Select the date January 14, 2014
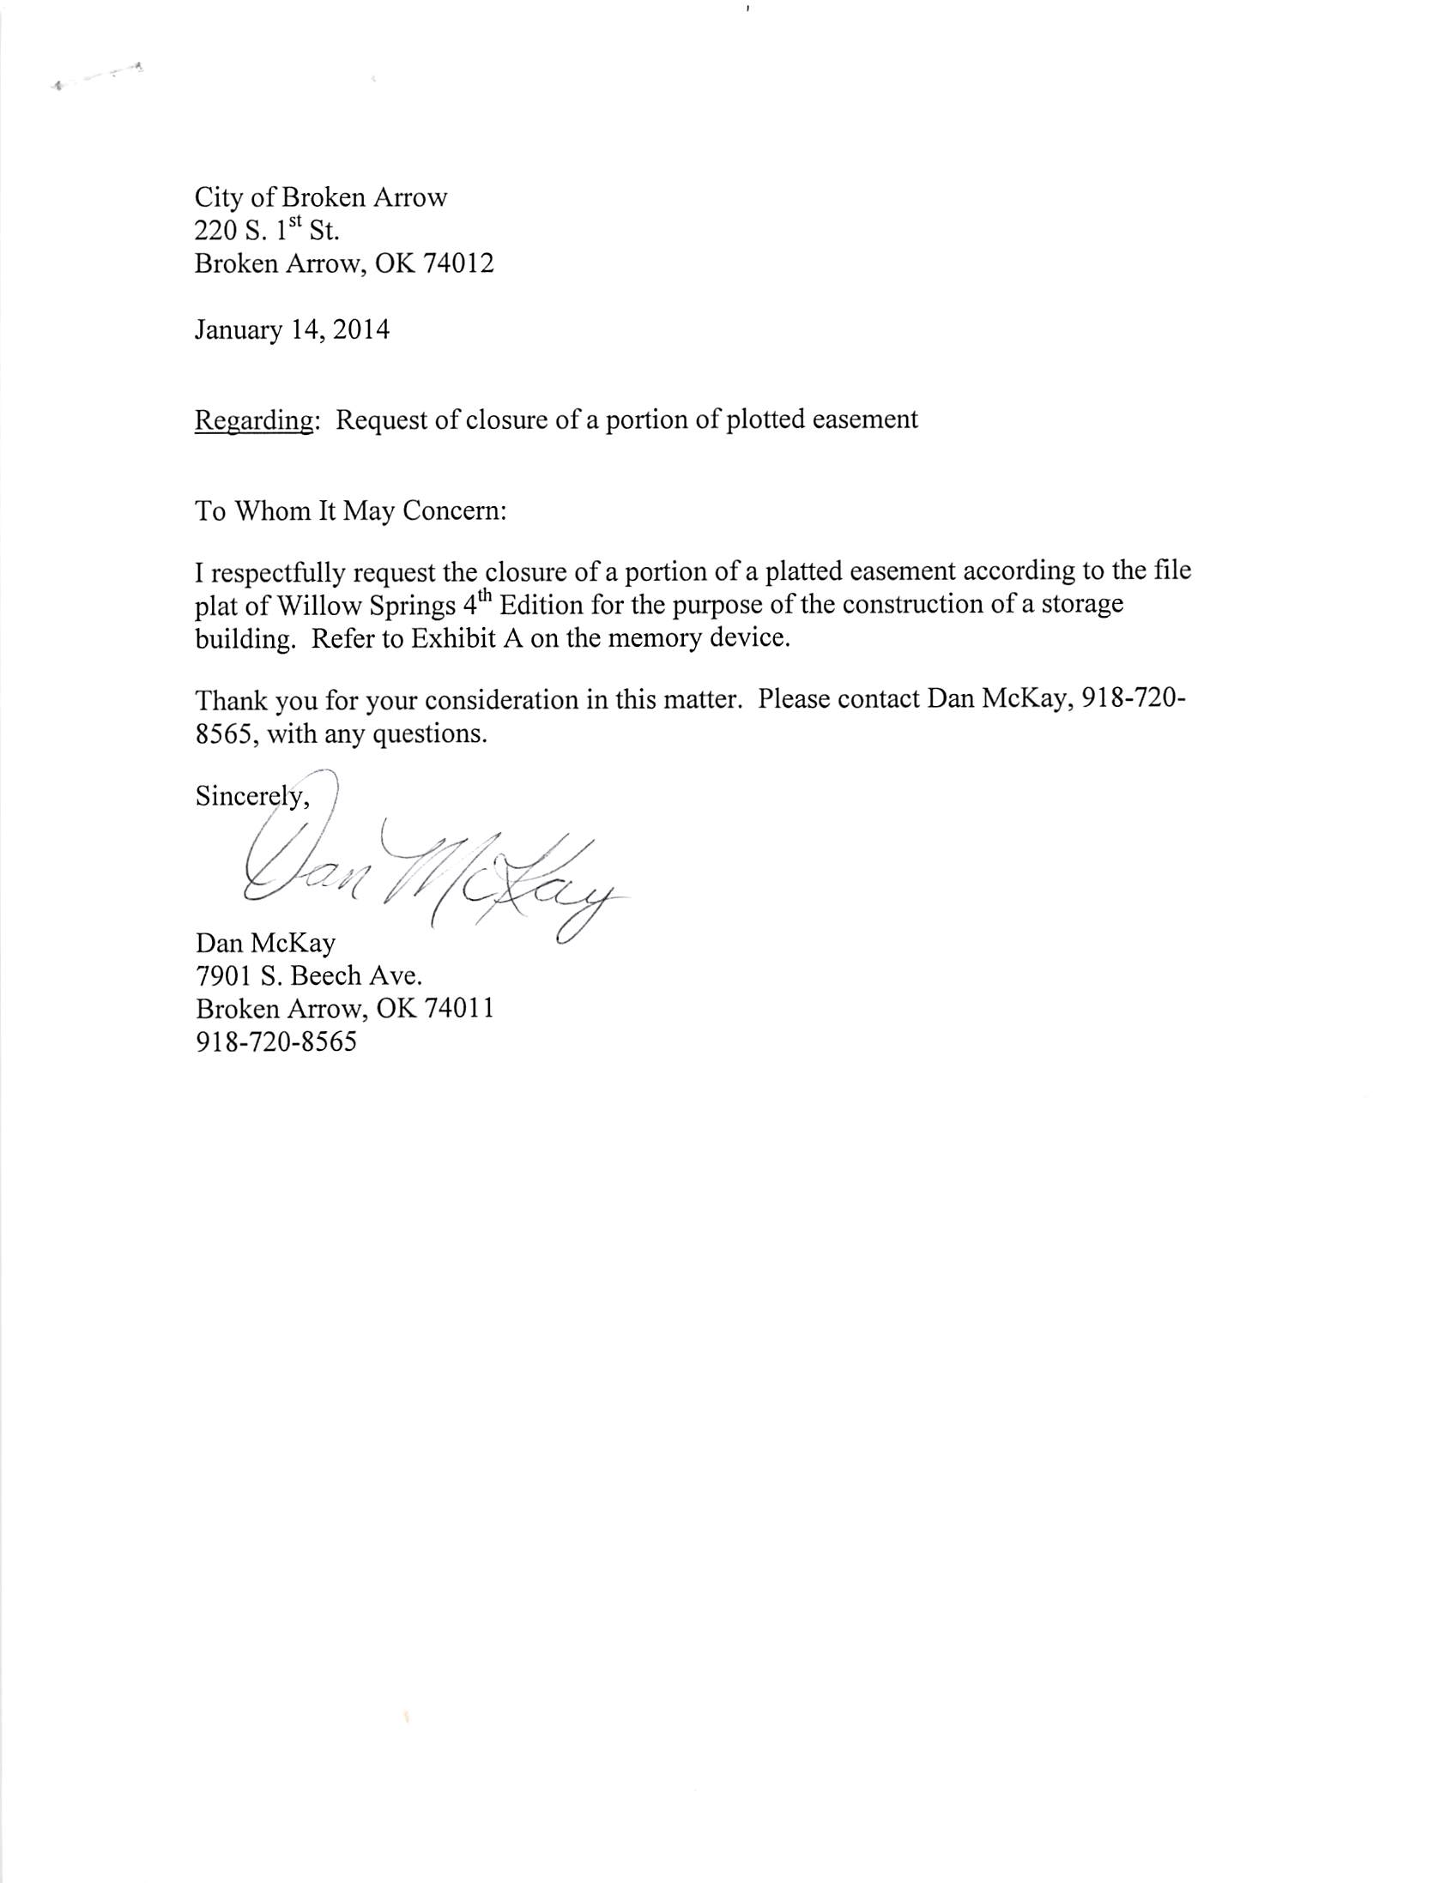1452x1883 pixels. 292,330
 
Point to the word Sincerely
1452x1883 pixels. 250,796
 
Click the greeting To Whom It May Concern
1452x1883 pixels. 350,511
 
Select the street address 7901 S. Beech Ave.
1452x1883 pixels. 309,976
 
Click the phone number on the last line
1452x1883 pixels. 276,1042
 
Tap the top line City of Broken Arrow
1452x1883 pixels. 321,197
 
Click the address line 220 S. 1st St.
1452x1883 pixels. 267,231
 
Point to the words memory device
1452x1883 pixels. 690,640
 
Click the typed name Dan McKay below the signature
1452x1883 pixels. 265,944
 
